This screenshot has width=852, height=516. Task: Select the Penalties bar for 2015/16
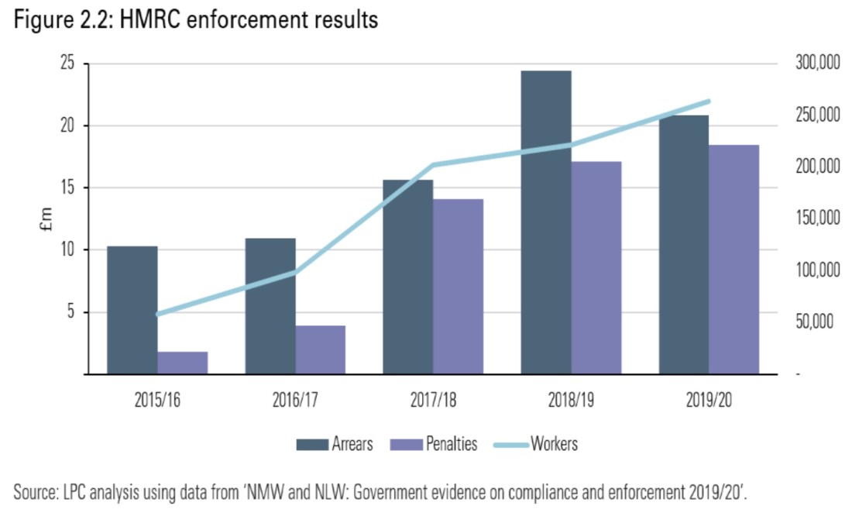pos(183,363)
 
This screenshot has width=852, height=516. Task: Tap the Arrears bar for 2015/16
pos(132,310)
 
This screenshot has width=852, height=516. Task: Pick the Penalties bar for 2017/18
pos(458,287)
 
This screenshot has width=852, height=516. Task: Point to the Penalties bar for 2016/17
pos(321,349)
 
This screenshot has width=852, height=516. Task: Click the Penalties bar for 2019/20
pos(733,260)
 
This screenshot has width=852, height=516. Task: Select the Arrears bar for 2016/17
pos(270,306)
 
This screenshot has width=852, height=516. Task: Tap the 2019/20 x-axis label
pos(709,401)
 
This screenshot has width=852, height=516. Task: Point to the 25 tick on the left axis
pos(68,64)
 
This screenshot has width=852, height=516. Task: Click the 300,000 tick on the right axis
pos(817,64)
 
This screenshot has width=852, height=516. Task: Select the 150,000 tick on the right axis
pos(817,219)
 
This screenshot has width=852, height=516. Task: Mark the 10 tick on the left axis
pos(68,250)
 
